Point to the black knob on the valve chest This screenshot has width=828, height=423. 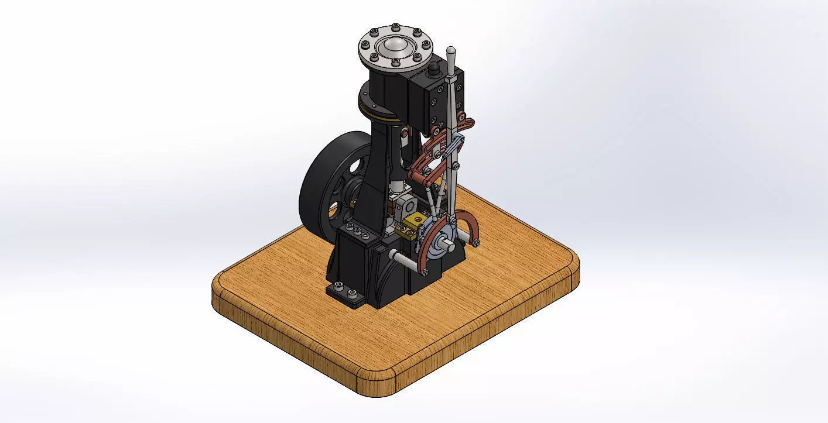434,70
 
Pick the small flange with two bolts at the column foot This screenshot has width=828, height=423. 345,292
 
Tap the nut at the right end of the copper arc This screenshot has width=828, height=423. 476,242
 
